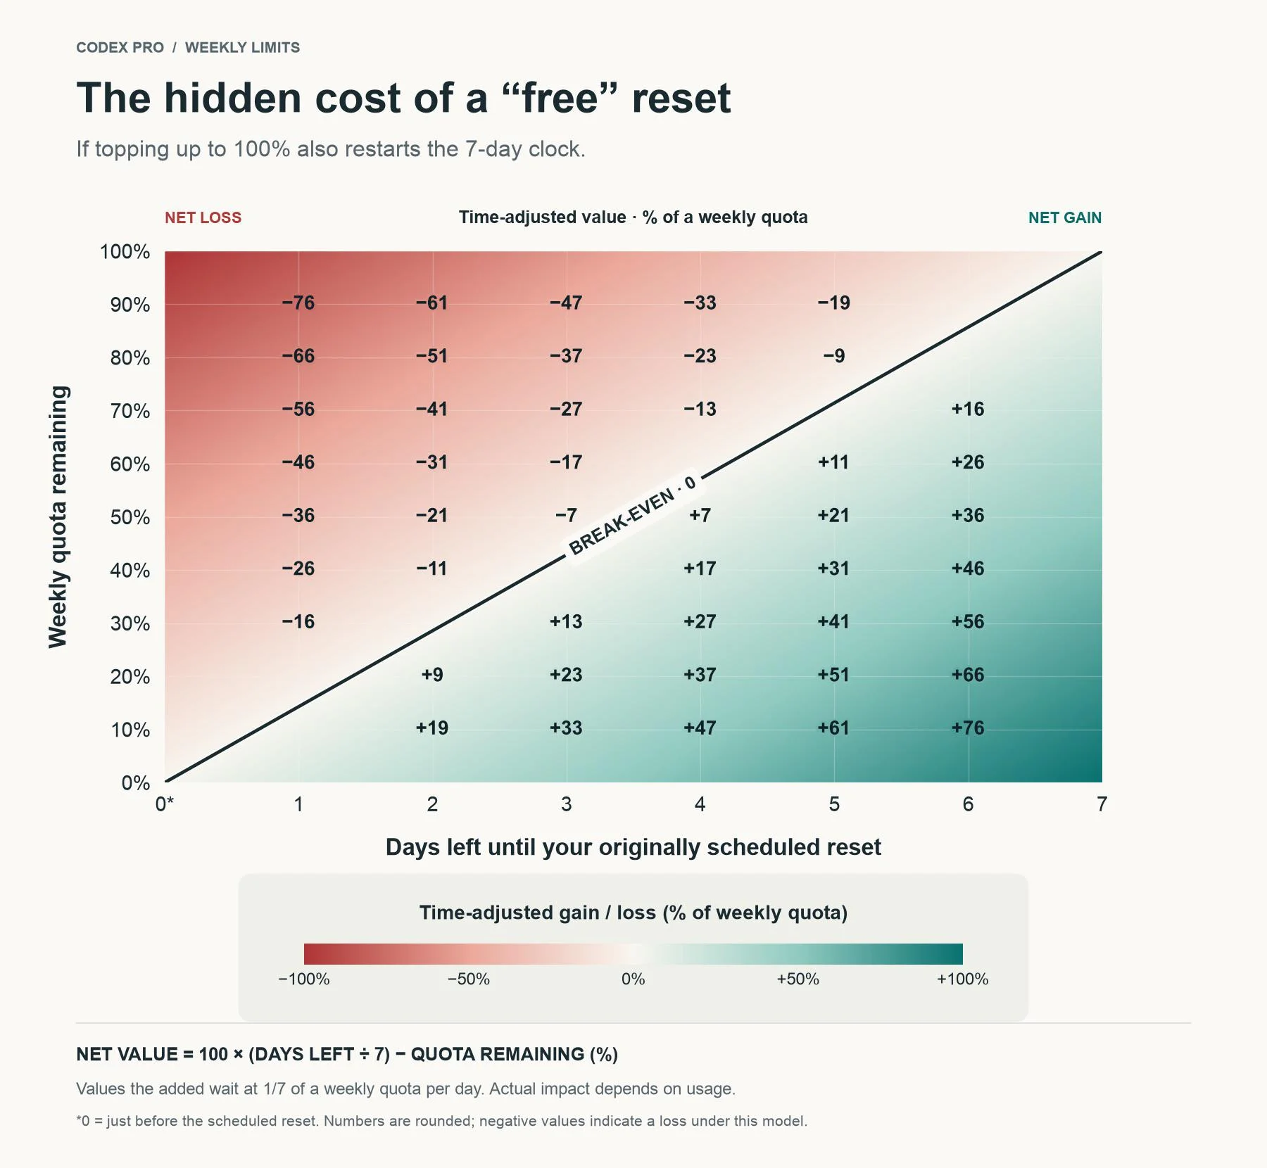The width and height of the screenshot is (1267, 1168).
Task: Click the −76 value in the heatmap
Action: [x=298, y=303]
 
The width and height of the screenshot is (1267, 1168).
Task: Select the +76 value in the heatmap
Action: [x=968, y=728]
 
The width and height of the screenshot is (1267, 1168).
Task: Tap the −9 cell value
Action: [x=834, y=356]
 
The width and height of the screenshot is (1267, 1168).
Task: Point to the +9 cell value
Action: [x=432, y=675]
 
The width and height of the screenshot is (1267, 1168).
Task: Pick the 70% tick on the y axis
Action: [x=130, y=411]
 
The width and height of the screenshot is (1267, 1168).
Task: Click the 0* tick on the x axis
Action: [x=165, y=804]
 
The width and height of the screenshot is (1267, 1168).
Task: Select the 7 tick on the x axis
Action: [x=1102, y=804]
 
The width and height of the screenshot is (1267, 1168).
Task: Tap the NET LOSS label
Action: [x=203, y=218]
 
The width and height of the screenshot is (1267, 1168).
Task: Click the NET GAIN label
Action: [x=1065, y=218]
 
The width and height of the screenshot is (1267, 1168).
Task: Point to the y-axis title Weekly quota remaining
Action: [x=58, y=516]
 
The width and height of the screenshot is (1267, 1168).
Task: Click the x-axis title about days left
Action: [x=633, y=847]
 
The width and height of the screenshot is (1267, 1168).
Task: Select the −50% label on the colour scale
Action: [x=469, y=979]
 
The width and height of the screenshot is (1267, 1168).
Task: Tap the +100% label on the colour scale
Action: [x=962, y=979]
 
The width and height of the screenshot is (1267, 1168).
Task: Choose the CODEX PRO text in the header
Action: [x=120, y=48]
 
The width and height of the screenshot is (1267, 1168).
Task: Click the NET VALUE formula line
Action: [x=347, y=1054]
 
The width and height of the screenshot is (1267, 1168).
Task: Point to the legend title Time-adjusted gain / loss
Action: [x=633, y=913]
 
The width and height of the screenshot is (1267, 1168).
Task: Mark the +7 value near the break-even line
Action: [x=700, y=515]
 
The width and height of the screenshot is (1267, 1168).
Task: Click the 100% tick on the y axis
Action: [x=125, y=252]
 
